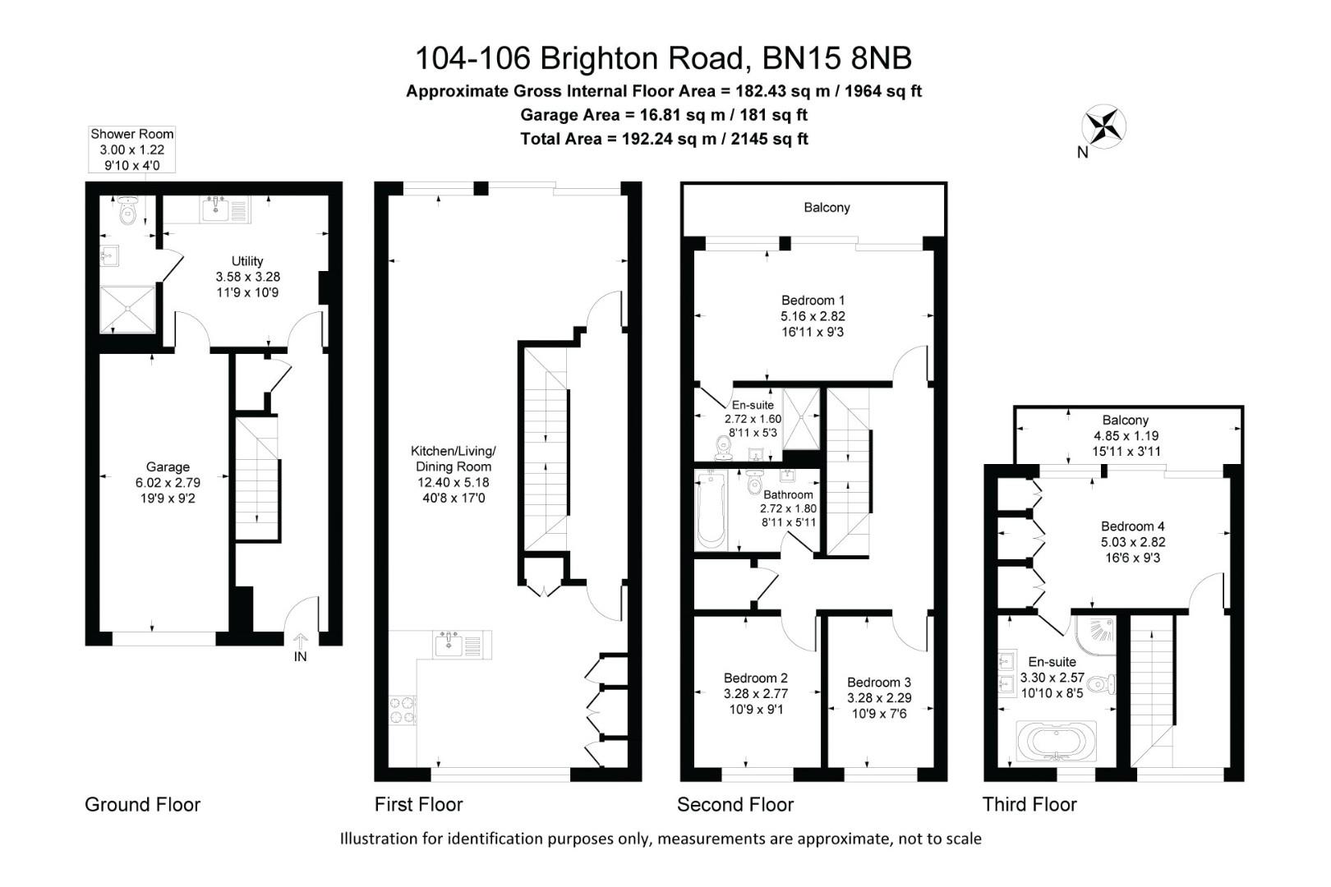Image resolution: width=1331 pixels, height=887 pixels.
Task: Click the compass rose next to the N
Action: tap(1103, 126)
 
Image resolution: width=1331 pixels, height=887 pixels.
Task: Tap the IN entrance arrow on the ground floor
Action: tap(301, 641)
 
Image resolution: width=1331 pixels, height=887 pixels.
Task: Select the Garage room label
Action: tap(168, 467)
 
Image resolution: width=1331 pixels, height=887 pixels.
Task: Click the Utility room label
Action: tap(247, 261)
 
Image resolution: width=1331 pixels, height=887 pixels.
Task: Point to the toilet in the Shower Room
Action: tap(127, 210)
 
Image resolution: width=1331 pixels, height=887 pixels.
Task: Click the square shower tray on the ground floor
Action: tap(127, 309)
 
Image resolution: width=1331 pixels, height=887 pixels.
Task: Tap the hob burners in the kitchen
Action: tap(403, 710)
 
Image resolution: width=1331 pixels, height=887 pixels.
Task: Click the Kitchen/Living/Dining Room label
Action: tap(454, 458)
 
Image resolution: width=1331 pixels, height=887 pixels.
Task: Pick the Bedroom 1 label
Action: tap(813, 300)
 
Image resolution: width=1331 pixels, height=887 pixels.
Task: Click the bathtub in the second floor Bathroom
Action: tap(712, 510)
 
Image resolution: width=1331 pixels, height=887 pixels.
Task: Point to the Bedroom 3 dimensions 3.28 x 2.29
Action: tap(879, 697)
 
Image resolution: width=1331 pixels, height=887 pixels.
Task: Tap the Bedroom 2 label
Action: tap(756, 678)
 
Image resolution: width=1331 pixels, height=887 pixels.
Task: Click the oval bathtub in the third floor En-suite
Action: tap(1057, 741)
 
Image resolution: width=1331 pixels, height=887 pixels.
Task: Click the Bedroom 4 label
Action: tap(1132, 526)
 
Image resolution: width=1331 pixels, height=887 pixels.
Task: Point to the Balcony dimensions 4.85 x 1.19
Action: tap(1126, 435)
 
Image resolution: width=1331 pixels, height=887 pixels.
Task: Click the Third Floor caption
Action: tap(1029, 804)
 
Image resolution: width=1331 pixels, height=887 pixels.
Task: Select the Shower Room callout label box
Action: tap(132, 149)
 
